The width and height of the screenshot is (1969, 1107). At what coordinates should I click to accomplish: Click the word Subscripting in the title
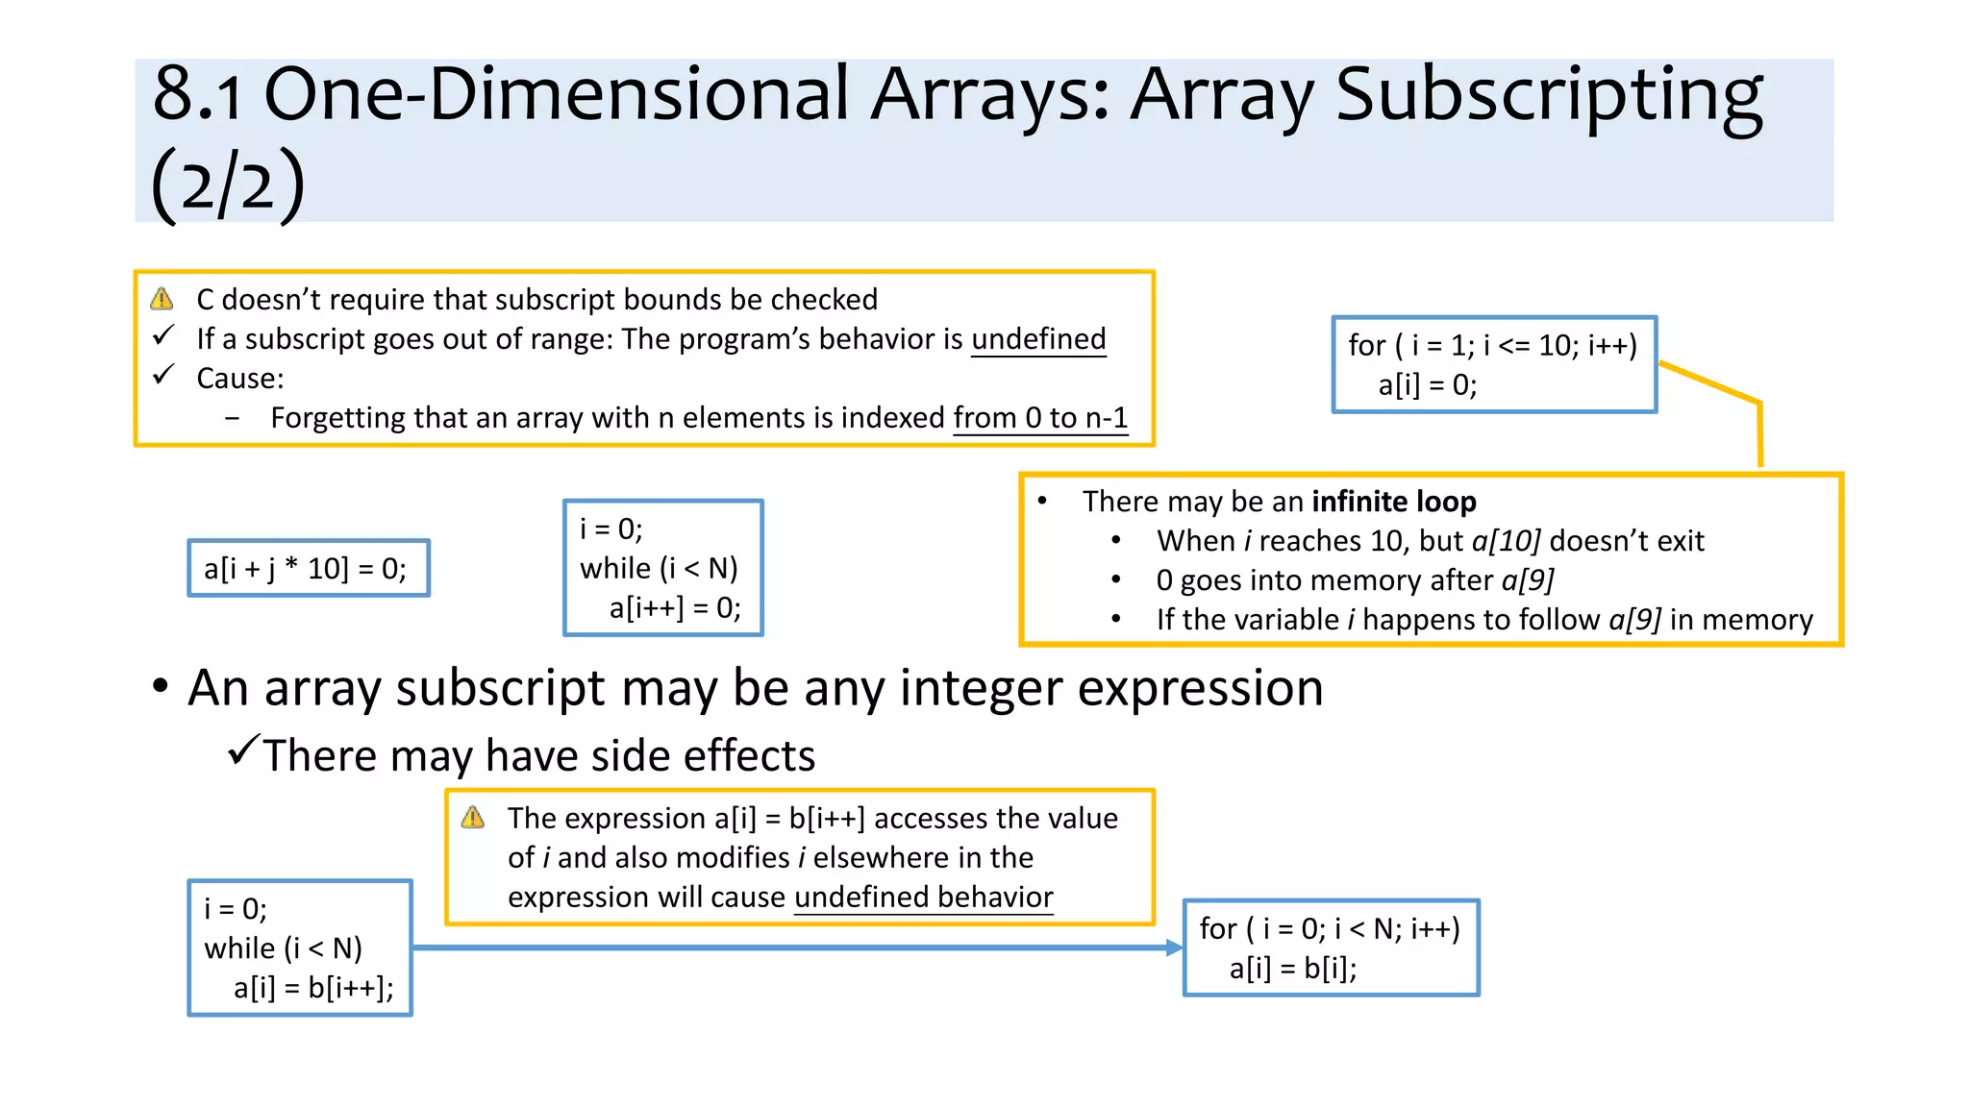coord(1549,96)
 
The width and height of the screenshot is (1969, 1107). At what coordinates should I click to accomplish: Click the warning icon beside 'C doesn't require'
coord(162,299)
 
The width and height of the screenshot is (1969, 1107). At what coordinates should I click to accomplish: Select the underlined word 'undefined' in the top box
coord(1038,339)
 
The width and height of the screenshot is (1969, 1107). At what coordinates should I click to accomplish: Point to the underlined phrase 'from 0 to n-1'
coord(1040,418)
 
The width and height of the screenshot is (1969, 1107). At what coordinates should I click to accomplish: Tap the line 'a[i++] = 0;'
coord(674,608)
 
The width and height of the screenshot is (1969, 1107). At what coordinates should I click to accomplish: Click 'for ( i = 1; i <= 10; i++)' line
coord(1492,345)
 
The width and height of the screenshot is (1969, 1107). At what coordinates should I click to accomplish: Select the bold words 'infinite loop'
coord(1393,502)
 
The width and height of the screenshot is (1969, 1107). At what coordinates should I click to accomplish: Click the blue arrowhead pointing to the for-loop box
coord(1174,947)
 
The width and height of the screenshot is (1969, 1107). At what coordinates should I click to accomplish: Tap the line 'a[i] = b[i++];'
coord(313,988)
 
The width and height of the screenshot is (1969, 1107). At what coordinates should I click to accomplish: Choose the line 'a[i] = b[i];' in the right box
coord(1292,969)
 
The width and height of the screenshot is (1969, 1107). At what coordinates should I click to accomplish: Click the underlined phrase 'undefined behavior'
coord(923,898)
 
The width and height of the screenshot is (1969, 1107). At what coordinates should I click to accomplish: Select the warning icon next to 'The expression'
coord(473,818)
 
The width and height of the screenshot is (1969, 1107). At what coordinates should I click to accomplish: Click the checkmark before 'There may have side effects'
coord(244,749)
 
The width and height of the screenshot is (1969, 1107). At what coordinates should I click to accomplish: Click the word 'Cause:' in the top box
coord(240,379)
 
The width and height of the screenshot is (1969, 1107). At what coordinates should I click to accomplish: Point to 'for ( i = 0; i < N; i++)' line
coord(1329,929)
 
